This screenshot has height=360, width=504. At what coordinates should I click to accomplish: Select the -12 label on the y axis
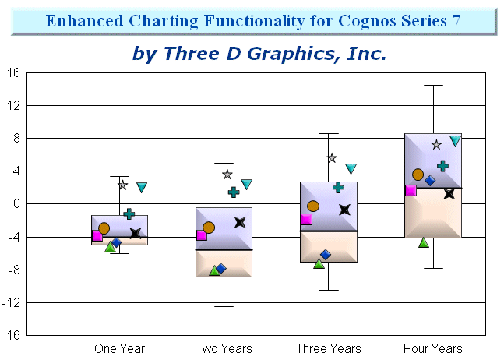[x=12, y=302]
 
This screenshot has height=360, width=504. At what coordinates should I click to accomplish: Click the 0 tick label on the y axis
[x=16, y=203]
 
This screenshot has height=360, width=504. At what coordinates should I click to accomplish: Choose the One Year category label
[x=119, y=348]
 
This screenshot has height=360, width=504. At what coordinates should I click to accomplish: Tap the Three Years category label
[x=329, y=348]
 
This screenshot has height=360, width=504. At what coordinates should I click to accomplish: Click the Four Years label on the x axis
[x=433, y=348]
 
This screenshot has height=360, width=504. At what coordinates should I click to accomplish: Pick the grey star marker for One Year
[x=122, y=185]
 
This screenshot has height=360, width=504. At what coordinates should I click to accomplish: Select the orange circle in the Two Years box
[x=209, y=228]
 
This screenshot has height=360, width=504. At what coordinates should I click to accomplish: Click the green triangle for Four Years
[x=424, y=242]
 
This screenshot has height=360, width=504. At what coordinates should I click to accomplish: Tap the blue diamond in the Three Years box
[x=326, y=255]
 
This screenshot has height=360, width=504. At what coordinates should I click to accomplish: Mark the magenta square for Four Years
[x=411, y=190]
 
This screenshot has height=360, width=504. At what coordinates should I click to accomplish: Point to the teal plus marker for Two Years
[x=234, y=192]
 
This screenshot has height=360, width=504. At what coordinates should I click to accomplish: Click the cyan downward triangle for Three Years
[x=351, y=168]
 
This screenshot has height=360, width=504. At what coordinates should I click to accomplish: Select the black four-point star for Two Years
[x=240, y=222]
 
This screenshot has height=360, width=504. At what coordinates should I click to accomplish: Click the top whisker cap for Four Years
[x=433, y=86]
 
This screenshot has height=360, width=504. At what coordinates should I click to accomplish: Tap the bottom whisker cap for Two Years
[x=224, y=306]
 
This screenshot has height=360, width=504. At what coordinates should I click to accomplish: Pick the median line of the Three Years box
[x=329, y=231]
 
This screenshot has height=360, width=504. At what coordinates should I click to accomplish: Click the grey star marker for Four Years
[x=436, y=145]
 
